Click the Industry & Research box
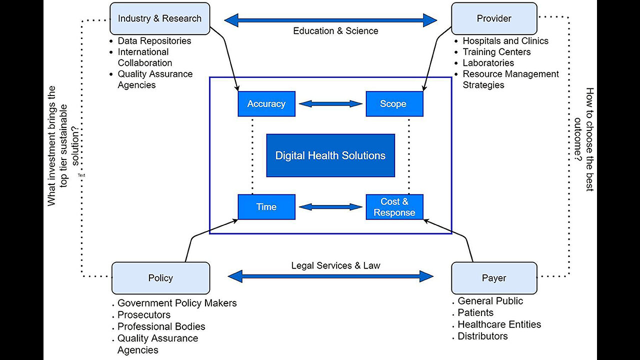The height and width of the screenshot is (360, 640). tap(159, 18)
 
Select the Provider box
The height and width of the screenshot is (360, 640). tap(494, 18)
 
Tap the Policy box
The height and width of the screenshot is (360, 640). tap(160, 278)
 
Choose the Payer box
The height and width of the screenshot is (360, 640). tap(494, 278)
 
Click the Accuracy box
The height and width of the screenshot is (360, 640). tap(266, 103)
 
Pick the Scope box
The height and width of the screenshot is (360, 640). tap(394, 103)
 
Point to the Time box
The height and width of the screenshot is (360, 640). tap(266, 207)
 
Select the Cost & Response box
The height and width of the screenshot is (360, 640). tap(394, 207)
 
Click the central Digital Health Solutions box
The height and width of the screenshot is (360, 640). tap(330, 155)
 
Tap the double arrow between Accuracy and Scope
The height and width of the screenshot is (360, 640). tap(330, 103)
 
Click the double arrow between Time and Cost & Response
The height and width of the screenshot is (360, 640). tap(330, 207)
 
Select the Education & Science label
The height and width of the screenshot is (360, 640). tap(335, 31)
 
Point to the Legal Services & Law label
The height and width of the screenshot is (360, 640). tap(335, 265)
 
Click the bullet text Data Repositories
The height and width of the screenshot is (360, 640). tap(154, 41)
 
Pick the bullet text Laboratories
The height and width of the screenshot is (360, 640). tap(488, 63)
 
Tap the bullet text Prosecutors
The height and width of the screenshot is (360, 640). tap(144, 315)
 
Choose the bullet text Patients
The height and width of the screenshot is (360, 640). tap(475, 313)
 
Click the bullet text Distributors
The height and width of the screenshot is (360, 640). tap(482, 336)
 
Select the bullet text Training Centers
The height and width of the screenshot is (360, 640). tap(496, 52)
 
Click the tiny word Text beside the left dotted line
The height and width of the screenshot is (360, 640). tap(81, 175)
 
